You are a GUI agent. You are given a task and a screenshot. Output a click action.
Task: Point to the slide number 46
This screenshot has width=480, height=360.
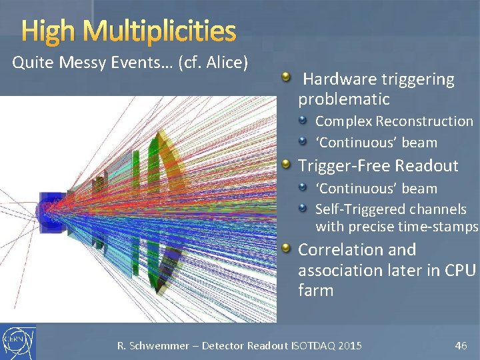(x=461, y=345)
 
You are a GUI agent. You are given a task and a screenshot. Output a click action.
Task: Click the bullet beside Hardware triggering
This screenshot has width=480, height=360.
(x=286, y=79)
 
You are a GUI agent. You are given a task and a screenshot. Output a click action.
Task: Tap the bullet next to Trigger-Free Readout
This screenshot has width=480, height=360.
(x=286, y=164)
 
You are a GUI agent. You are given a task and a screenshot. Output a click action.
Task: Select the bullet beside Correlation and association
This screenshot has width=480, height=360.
(x=286, y=249)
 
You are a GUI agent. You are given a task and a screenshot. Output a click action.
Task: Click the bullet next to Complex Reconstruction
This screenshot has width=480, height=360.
(x=303, y=121)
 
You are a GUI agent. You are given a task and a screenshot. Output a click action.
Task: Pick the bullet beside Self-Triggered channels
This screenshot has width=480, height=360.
(x=303, y=209)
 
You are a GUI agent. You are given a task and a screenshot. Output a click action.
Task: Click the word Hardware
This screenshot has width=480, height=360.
(x=337, y=80)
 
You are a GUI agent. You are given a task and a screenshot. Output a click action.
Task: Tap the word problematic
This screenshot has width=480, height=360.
(x=343, y=99)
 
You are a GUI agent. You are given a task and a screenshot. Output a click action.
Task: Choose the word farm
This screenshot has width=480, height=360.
(x=315, y=291)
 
